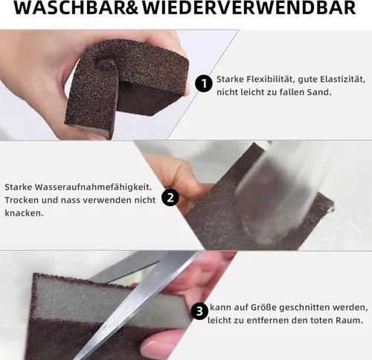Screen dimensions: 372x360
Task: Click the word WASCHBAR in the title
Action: pyautogui.click(x=71, y=7)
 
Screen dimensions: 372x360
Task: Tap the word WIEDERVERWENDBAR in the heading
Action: pyautogui.click(x=249, y=7)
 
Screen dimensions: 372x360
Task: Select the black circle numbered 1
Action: pyautogui.click(x=204, y=83)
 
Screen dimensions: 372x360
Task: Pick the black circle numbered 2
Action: pyautogui.click(x=170, y=198)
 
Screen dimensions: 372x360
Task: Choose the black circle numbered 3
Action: pyautogui.click(x=199, y=311)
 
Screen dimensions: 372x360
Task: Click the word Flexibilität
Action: pyautogui.click(x=270, y=80)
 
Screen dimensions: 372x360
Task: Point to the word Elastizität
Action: pyautogui.click(x=342, y=80)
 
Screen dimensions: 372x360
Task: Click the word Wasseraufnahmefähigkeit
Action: pyautogui.click(x=93, y=187)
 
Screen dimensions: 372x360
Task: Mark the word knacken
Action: pyautogui.click(x=24, y=213)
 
